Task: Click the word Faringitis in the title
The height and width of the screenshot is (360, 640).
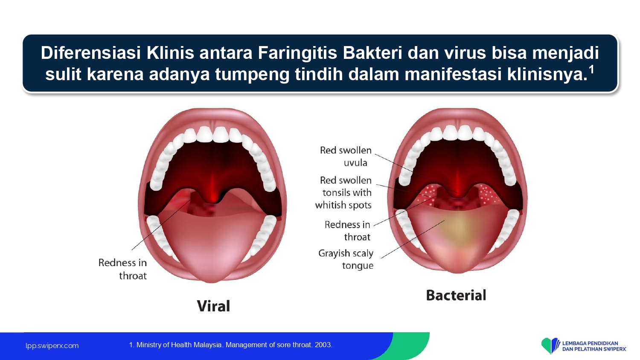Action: (x=297, y=53)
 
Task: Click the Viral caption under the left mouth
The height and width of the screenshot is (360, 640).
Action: (x=213, y=306)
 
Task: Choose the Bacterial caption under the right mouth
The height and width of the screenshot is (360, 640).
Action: (x=456, y=295)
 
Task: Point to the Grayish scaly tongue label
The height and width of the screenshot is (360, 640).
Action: (x=346, y=259)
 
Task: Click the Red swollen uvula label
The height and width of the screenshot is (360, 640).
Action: (x=346, y=156)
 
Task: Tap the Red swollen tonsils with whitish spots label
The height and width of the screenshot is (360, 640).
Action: (x=343, y=192)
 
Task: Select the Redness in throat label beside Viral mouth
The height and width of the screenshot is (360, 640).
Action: (x=122, y=269)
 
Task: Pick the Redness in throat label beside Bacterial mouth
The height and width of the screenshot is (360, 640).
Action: (x=347, y=231)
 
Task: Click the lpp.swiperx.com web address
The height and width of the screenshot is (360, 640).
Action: (x=52, y=346)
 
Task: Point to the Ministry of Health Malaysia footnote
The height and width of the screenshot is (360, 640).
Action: (x=230, y=345)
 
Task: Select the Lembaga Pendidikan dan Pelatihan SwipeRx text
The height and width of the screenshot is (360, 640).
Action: (x=594, y=346)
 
